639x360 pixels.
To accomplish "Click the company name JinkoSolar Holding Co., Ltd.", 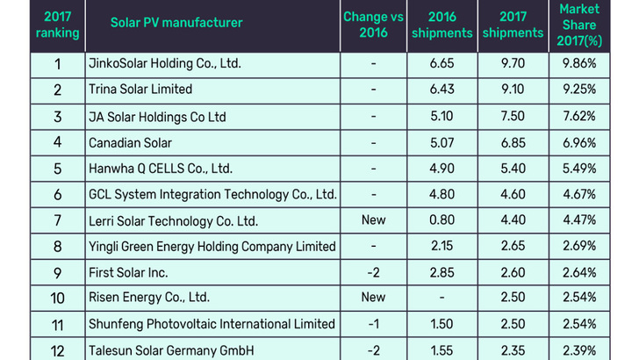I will (164, 64).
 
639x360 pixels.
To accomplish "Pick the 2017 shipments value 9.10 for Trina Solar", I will (513, 90).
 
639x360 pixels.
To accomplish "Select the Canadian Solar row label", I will (130, 142).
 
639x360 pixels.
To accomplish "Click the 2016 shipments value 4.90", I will (442, 168).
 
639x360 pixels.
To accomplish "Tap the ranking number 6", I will (57, 194).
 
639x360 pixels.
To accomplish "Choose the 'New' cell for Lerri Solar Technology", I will (373, 220).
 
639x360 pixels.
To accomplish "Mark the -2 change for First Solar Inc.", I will (373, 271).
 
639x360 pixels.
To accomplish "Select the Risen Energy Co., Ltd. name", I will (149, 298).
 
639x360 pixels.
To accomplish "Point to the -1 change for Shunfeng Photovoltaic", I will (373, 324).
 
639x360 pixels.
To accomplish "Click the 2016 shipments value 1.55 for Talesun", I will (442, 349).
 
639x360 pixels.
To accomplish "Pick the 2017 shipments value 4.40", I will (513, 220).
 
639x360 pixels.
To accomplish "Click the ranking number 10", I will (57, 298).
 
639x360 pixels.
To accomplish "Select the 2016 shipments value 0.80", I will (442, 220).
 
